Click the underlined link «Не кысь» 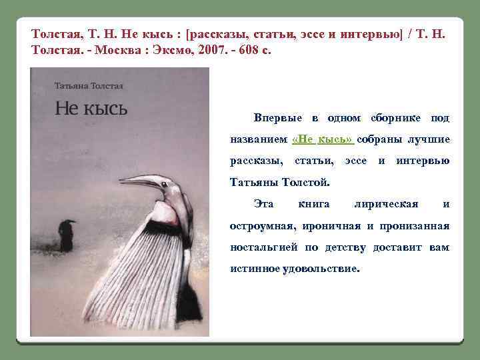point(323,139)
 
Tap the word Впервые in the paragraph point(278,118)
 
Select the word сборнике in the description point(393,118)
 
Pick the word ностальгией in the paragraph point(265,247)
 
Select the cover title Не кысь point(91,108)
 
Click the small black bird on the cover point(67,235)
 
